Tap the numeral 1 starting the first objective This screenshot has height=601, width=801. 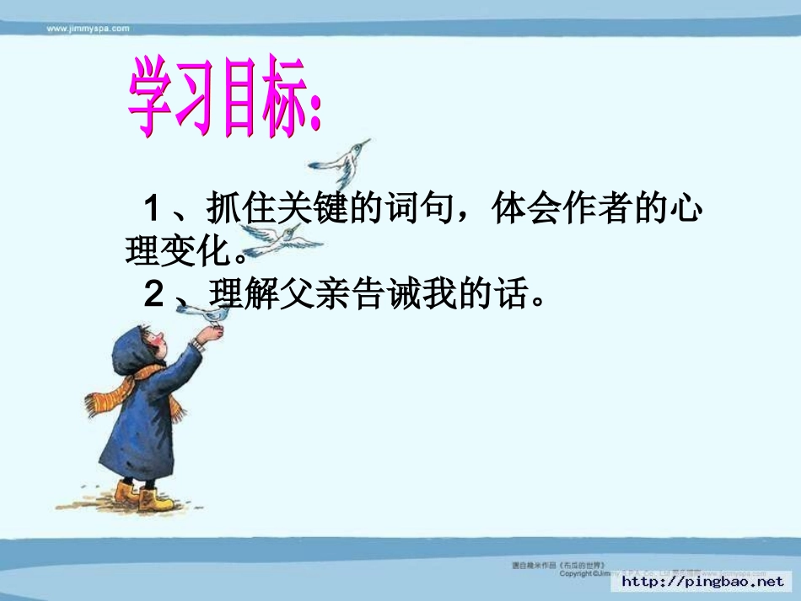(x=153, y=208)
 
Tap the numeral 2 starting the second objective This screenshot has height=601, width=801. (x=153, y=294)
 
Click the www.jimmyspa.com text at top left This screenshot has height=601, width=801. (x=88, y=28)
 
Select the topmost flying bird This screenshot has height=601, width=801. (x=342, y=159)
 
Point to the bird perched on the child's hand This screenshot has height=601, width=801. (x=207, y=314)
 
